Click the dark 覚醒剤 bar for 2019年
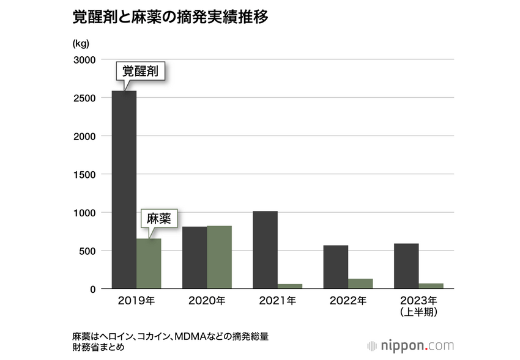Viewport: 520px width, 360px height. [124, 189]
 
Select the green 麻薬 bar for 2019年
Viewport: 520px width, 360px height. [149, 263]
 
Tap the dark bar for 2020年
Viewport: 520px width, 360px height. [195, 257]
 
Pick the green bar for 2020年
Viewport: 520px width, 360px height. [219, 257]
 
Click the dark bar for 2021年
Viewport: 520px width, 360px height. [265, 249]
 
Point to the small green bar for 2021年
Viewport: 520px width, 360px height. [290, 286]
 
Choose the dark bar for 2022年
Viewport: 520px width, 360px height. [336, 266]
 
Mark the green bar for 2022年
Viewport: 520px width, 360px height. [360, 284]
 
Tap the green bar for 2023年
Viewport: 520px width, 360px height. [431, 285]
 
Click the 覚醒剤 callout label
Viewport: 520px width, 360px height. [141, 72]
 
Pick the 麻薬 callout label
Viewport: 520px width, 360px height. [157, 219]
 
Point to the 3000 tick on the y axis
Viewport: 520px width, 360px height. [85, 60]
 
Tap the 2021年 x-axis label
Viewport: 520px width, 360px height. [277, 301]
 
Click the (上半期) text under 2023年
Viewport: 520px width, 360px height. [418, 312]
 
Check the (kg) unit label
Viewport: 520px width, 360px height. [81, 43]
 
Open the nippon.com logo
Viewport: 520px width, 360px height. [410, 345]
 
